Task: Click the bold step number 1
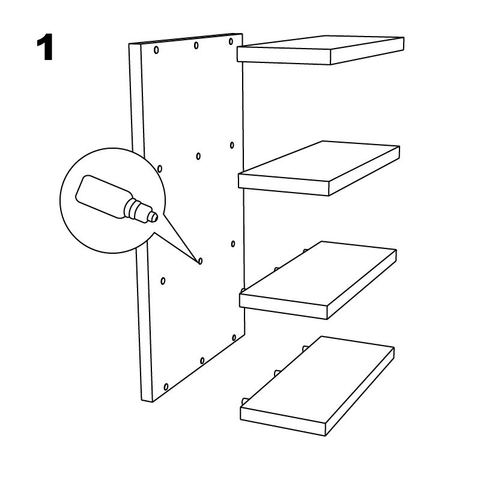tap(45, 47)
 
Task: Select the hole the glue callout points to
tap(200, 261)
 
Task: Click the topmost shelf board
tap(320, 50)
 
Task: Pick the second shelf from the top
tap(319, 168)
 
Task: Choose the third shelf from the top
tap(318, 280)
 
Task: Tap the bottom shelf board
tap(317, 386)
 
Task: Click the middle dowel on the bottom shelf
tap(276, 373)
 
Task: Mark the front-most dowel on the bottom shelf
tap(244, 401)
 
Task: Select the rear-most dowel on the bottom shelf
tap(305, 349)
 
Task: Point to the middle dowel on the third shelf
tap(276, 269)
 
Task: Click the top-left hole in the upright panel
tap(156, 50)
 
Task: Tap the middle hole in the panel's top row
tap(196, 46)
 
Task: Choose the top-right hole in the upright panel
tap(231, 41)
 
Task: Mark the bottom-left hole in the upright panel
tap(166, 387)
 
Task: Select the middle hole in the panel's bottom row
tap(202, 361)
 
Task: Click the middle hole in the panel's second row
tap(198, 157)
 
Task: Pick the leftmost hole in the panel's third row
tap(163, 281)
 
